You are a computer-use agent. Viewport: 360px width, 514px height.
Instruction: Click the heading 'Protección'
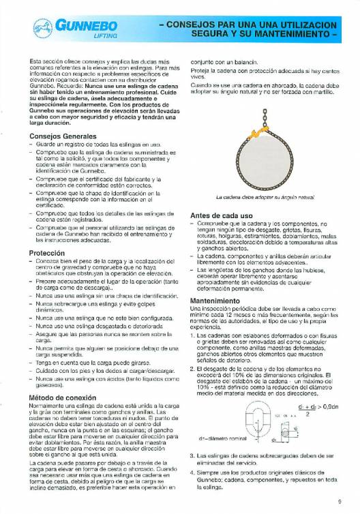(43, 252)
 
